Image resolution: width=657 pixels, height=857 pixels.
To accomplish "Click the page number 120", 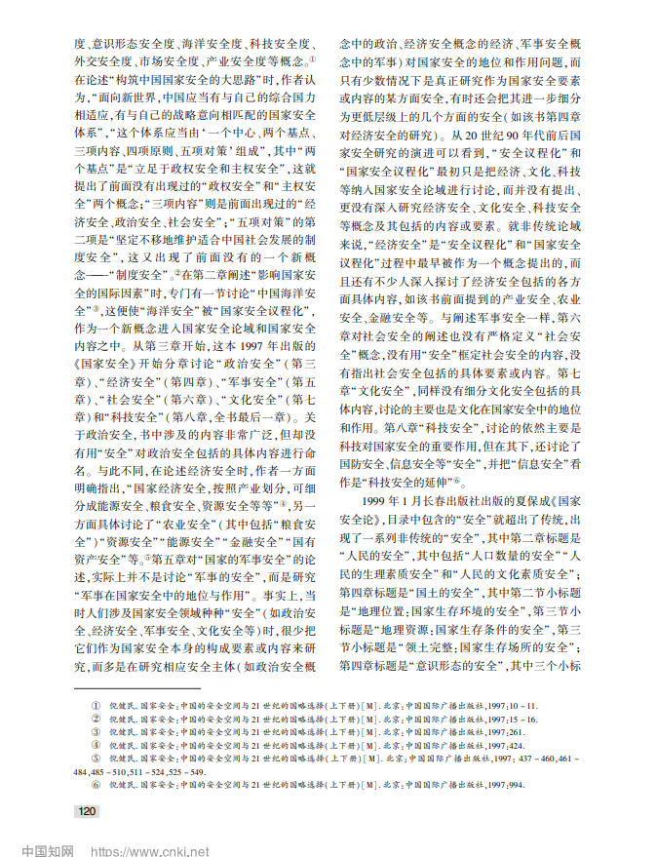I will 87,810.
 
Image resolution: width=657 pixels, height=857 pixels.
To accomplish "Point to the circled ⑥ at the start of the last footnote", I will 95,783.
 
